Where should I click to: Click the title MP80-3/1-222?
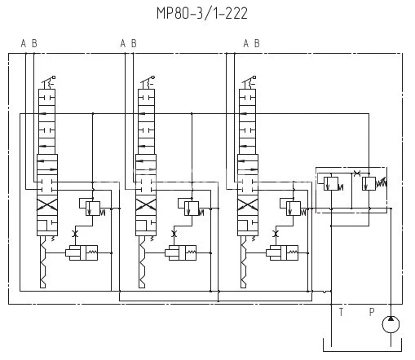coord(202,13)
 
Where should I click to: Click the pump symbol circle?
coord(391,324)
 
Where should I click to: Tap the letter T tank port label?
coord(341,312)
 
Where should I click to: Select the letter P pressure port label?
coord(372,312)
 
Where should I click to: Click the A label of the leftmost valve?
coord(24,43)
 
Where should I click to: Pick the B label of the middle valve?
coord(134,43)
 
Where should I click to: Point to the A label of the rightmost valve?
coord(246,43)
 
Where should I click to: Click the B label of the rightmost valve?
coord(257,43)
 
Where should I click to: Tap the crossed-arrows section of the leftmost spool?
coord(47,204)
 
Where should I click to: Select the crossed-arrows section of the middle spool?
coord(146,204)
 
